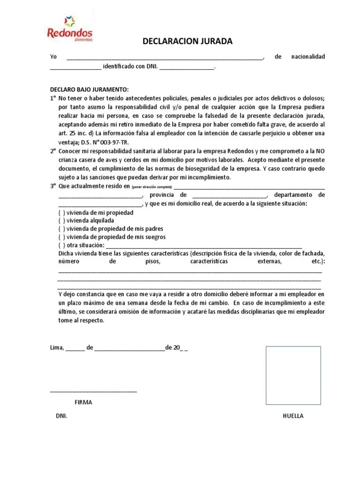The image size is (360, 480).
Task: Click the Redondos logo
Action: pyautogui.click(x=70, y=29)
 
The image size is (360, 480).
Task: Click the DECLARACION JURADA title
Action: pyautogui.click(x=187, y=42)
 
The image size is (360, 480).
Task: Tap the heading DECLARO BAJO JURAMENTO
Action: pyautogui.click(x=89, y=90)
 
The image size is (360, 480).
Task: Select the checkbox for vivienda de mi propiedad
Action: pyautogui.click(x=62, y=212)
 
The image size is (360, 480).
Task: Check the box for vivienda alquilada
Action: pyautogui.click(x=62, y=220)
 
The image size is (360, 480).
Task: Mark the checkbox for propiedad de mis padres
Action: pyautogui.click(x=62, y=229)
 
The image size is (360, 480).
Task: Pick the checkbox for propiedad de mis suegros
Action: pyautogui.click(x=62, y=237)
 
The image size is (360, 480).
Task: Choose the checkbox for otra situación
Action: pyautogui.click(x=62, y=245)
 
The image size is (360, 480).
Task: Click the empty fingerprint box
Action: pyautogui.click(x=293, y=375)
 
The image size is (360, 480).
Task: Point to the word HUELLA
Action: pyautogui.click(x=293, y=416)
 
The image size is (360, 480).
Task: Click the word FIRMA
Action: pyautogui.click(x=83, y=402)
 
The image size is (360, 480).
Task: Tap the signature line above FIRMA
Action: pyautogui.click(x=93, y=391)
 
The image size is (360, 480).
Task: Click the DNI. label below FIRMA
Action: pyautogui.click(x=61, y=416)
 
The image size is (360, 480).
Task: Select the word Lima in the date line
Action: pyautogui.click(x=56, y=348)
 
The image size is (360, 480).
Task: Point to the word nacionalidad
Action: pyautogui.click(x=307, y=57)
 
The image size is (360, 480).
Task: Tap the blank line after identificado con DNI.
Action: pyautogui.click(x=187, y=68)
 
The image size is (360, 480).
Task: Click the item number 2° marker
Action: pyautogui.click(x=53, y=151)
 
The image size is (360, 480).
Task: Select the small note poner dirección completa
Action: pyautogui.click(x=152, y=187)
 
